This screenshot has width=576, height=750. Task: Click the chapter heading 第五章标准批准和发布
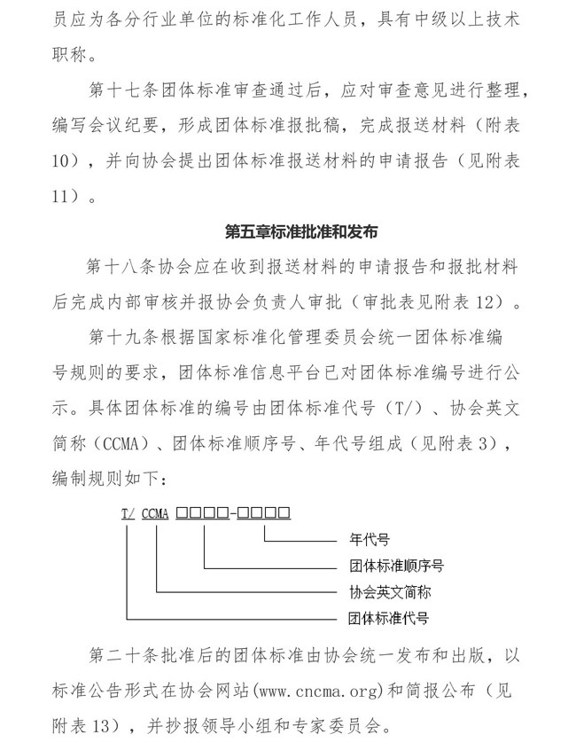[302, 233]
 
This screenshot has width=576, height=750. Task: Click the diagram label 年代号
[364, 538]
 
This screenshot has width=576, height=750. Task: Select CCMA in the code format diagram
[155, 512]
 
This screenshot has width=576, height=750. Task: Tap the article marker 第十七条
[116, 90]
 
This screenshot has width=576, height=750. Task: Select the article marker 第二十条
[116, 657]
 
